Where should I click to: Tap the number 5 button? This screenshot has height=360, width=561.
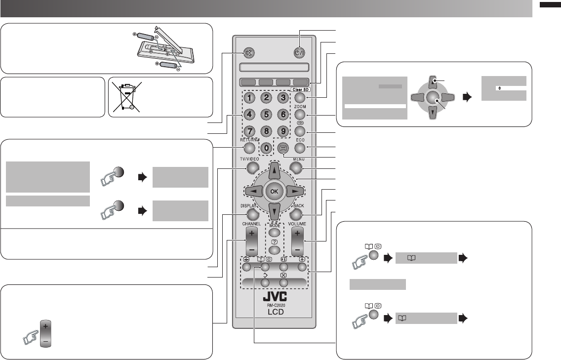[x=266, y=115]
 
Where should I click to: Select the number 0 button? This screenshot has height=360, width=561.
[x=266, y=148]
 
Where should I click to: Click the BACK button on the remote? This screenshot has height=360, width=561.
[x=296, y=215]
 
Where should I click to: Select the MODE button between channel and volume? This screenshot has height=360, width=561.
[x=274, y=232]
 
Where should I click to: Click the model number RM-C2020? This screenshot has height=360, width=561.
[x=273, y=306]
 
